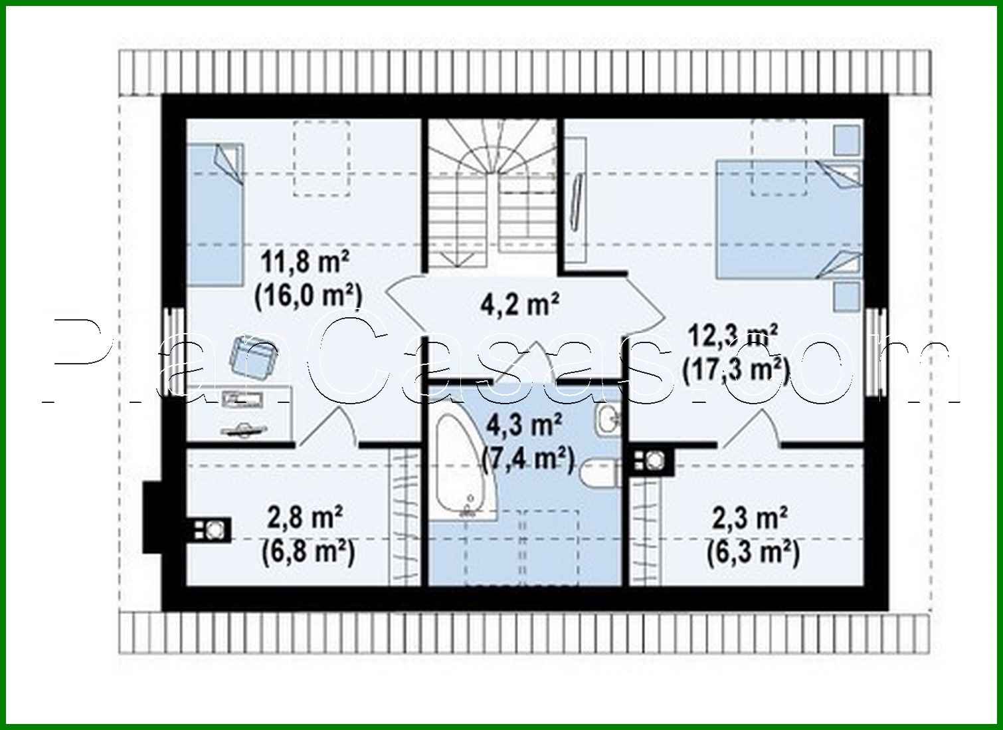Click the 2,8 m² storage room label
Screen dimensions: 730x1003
(305, 517)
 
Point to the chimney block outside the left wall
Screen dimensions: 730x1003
(153, 517)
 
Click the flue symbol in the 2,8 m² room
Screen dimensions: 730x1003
(213, 529)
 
